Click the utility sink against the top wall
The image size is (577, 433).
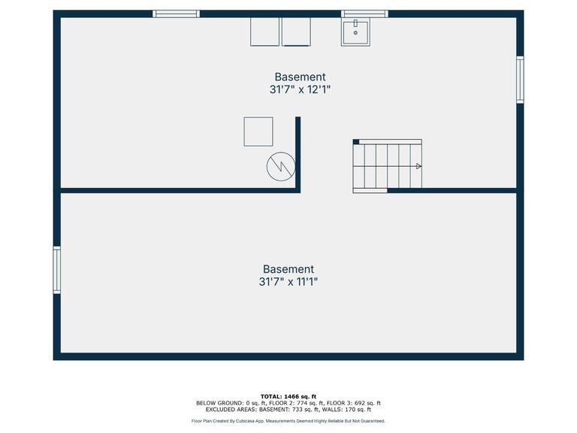tap(355, 32)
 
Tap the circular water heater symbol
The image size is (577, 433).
tap(281, 166)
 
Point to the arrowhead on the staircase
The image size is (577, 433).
tap(418, 166)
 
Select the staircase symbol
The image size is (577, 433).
tap(388, 165)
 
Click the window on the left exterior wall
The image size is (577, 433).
tap(57, 270)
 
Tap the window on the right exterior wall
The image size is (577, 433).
tap(520, 80)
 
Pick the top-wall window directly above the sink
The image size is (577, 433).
tap(364, 14)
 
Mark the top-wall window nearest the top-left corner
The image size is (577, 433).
tap(177, 14)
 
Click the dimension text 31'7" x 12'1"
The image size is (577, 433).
tap(300, 89)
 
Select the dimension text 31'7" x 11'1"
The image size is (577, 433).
tap(288, 282)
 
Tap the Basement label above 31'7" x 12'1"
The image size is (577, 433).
tap(300, 77)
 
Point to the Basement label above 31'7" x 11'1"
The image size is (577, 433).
tap(288, 269)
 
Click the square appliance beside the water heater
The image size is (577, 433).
tap(258, 132)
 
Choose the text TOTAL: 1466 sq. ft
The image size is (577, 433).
tap(288, 396)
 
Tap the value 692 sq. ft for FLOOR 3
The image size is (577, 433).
tap(367, 403)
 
